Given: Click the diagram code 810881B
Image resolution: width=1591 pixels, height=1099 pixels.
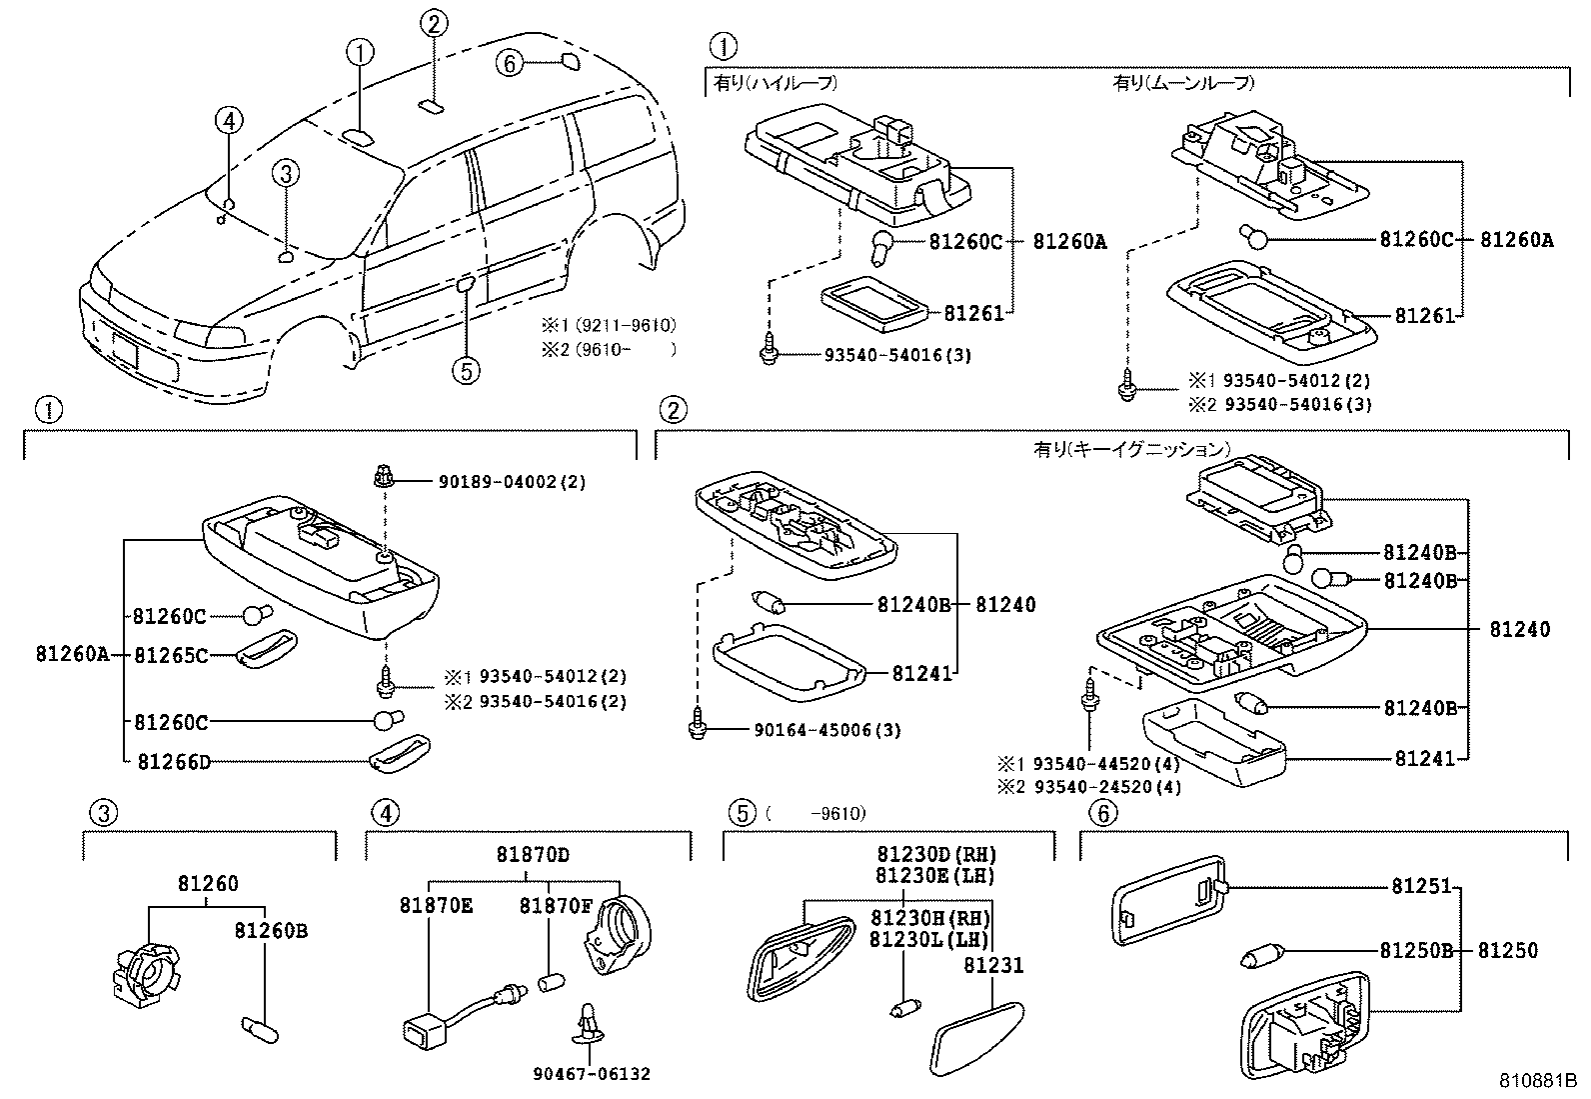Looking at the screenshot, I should (1536, 1081).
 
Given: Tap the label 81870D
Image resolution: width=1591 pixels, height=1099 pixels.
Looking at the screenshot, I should (533, 855).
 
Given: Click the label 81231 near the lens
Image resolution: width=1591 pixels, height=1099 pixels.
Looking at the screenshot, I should (993, 966).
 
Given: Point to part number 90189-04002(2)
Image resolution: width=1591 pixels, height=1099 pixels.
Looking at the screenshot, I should (512, 482).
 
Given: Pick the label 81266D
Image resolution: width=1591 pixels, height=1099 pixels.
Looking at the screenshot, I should (173, 762).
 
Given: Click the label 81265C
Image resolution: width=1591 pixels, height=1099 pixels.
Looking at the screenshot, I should (171, 655).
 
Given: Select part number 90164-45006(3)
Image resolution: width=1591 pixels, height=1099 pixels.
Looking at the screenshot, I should (826, 731).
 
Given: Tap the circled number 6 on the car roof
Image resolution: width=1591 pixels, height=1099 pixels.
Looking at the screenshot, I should (509, 64).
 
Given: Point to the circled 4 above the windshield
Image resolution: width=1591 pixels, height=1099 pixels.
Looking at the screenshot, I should (229, 121).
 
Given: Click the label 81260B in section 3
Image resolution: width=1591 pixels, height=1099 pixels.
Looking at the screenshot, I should (271, 931).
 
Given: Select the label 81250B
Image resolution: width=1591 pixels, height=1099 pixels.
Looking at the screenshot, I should (1416, 951).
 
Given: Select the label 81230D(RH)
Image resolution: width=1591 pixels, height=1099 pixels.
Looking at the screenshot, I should (937, 855).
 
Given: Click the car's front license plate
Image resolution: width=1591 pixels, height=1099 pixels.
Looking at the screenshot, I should (127, 351).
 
